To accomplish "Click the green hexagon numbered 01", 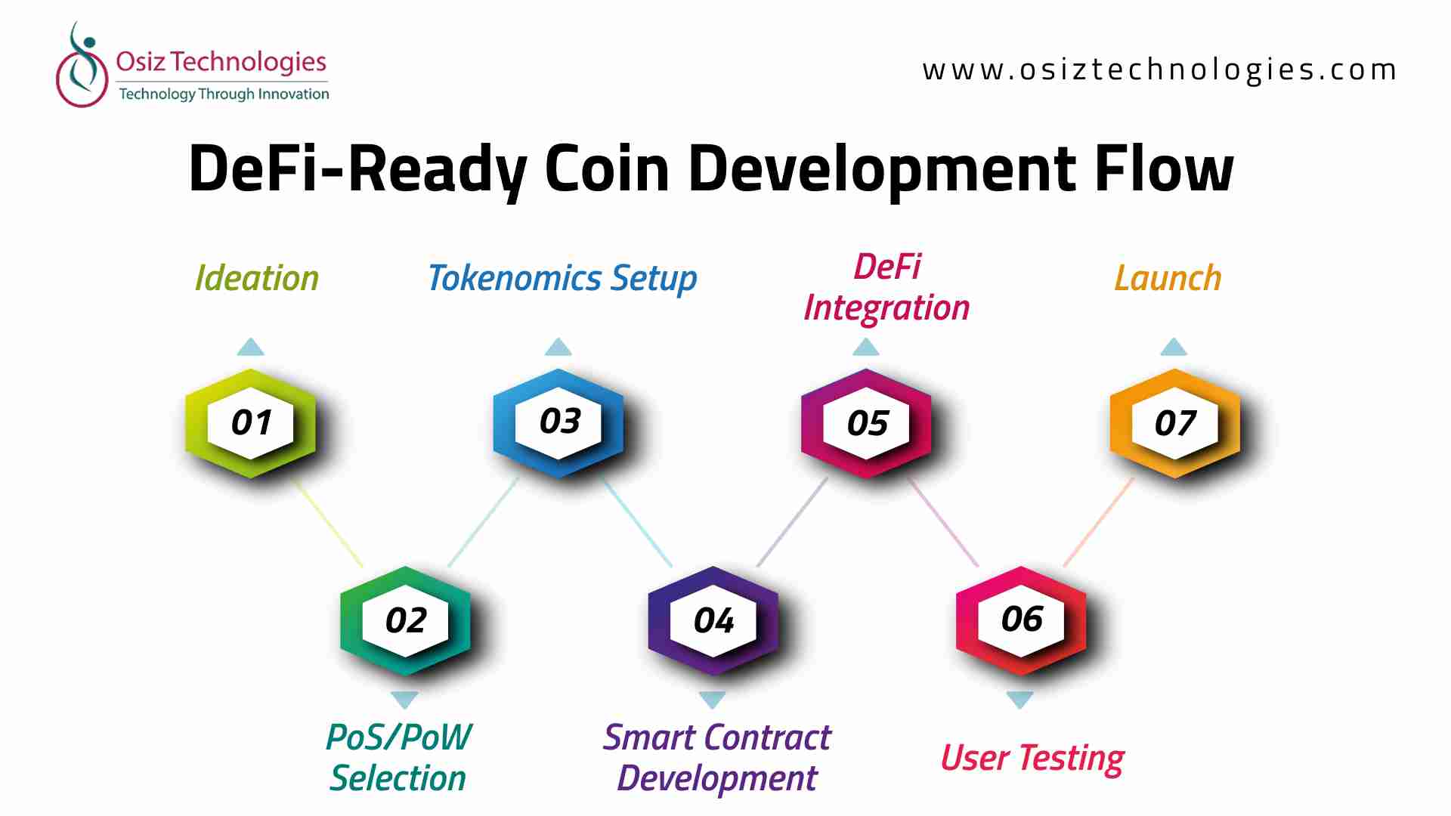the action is tap(251, 423).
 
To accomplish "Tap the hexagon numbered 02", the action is tap(405, 620).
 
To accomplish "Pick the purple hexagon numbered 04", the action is tap(713, 620).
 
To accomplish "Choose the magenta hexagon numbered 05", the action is tap(867, 423).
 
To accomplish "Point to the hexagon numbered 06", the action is tap(1021, 620).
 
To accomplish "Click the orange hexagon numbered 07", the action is tap(1175, 423).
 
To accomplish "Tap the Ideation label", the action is tap(257, 278).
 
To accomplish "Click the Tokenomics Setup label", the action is tap(562, 279).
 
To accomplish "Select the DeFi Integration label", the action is tap(886, 288).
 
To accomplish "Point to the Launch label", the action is tap(1168, 278).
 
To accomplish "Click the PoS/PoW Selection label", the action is tap(398, 758).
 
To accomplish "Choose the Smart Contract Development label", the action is tap(716, 759).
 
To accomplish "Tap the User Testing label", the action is tap(1032, 759).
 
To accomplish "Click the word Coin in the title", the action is tap(607, 168).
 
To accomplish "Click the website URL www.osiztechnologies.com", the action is tap(1159, 70).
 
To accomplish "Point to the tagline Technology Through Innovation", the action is tap(224, 94).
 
